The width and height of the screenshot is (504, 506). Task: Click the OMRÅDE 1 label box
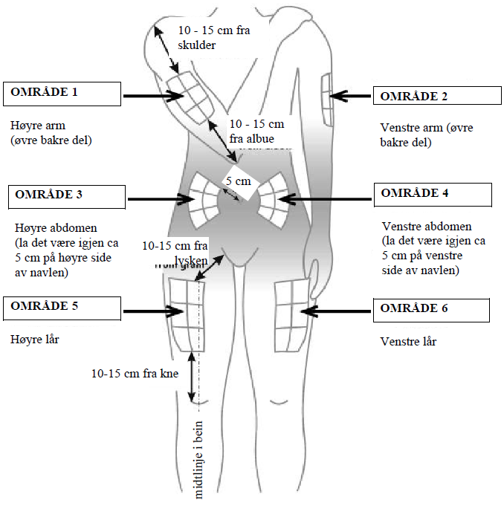(x=62, y=94)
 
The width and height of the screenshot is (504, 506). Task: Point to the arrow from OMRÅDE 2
(x=349, y=94)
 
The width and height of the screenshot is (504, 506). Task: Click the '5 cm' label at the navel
(x=238, y=181)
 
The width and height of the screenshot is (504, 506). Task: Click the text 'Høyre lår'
(x=33, y=339)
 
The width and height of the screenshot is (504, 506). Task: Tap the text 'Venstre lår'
(x=408, y=342)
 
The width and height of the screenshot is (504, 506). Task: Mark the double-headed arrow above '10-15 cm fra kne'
(x=193, y=377)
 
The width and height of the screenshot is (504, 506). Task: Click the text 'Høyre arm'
(x=34, y=126)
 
